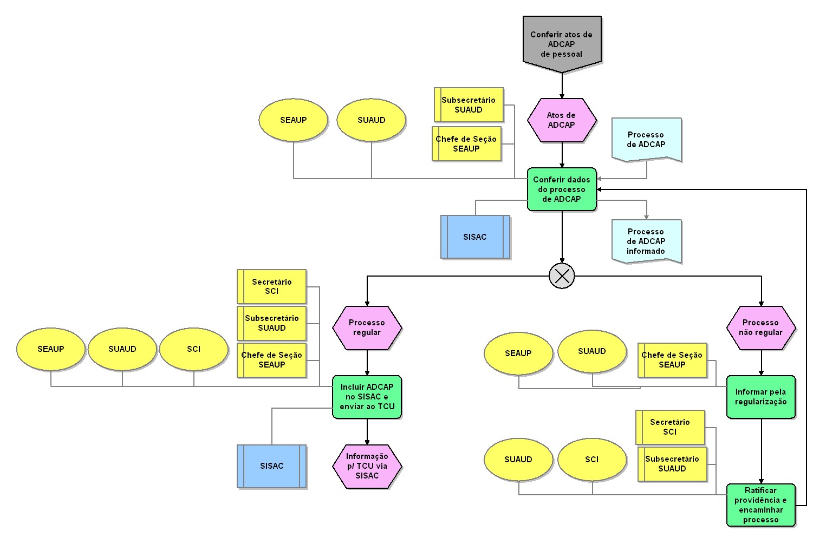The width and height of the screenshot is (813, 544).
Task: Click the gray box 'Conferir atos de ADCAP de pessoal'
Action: pos(562,44)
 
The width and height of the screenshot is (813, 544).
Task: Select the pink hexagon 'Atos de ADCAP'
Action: pos(562,120)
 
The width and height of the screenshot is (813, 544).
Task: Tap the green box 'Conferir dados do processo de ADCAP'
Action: pos(562,189)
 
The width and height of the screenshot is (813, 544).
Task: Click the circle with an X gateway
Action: pos(562,276)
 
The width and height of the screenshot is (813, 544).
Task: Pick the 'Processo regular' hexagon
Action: pos(367,327)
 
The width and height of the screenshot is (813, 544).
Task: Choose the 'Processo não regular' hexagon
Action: pos(761,327)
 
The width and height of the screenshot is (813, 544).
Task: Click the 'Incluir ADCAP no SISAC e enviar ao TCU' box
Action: pos(367,397)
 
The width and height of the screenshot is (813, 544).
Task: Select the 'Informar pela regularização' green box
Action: pos(761,397)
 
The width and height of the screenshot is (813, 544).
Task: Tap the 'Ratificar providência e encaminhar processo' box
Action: pos(761,505)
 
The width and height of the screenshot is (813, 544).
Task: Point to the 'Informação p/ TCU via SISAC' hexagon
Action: pos(367,466)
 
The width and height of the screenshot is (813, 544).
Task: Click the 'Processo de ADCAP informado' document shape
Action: pos(646,241)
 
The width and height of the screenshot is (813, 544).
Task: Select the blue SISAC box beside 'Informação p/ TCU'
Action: pos(271,466)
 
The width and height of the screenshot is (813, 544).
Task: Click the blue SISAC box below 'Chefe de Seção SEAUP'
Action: pos(475,237)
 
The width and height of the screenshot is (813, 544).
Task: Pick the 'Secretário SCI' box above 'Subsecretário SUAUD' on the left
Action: pos(271,286)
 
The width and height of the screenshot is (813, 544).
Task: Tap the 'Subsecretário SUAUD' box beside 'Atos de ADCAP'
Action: pos(469,105)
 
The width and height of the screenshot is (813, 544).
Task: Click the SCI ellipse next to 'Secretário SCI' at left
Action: pos(193,349)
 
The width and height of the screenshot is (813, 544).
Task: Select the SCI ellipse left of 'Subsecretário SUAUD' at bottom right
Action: pos(592,460)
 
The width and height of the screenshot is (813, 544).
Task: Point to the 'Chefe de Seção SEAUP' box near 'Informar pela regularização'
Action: pos(672,360)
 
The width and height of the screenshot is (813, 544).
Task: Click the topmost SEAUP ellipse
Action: pos(293,120)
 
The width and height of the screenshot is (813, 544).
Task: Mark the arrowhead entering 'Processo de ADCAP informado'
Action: pos(646,217)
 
